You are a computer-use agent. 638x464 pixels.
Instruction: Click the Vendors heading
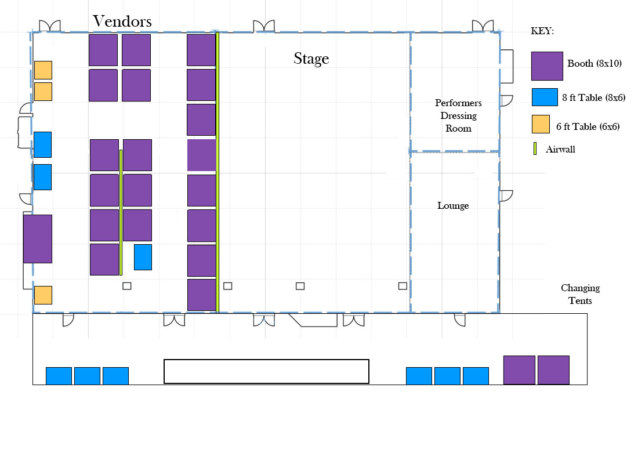[122, 21]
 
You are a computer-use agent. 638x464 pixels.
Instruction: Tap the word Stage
[311, 59]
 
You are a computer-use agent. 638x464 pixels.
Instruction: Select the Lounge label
[453, 205]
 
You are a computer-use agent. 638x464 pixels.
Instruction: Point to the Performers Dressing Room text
[458, 115]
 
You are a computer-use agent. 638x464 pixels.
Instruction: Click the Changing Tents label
[580, 294]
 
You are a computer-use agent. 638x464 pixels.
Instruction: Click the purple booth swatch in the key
[548, 66]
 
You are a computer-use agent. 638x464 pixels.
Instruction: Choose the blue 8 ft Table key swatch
[545, 97]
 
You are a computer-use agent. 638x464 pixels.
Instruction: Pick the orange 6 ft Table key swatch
[541, 124]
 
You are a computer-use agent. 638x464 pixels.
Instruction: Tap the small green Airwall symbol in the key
[535, 148]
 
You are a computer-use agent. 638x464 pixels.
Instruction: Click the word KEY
[542, 31]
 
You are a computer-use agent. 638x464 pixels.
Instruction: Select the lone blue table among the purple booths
[143, 258]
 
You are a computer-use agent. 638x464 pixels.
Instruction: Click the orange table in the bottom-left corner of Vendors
[43, 295]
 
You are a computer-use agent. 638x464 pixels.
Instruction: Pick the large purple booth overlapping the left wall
[38, 239]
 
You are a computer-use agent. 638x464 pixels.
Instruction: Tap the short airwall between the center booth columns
[121, 212]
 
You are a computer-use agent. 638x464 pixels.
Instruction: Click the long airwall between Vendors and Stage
[217, 173]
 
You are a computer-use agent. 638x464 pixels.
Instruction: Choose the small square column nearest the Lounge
[403, 286]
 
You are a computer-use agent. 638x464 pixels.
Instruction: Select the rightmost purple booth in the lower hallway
[553, 370]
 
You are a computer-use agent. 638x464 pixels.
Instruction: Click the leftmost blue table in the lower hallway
[59, 376]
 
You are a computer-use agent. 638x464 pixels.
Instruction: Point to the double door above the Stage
[264, 26]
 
